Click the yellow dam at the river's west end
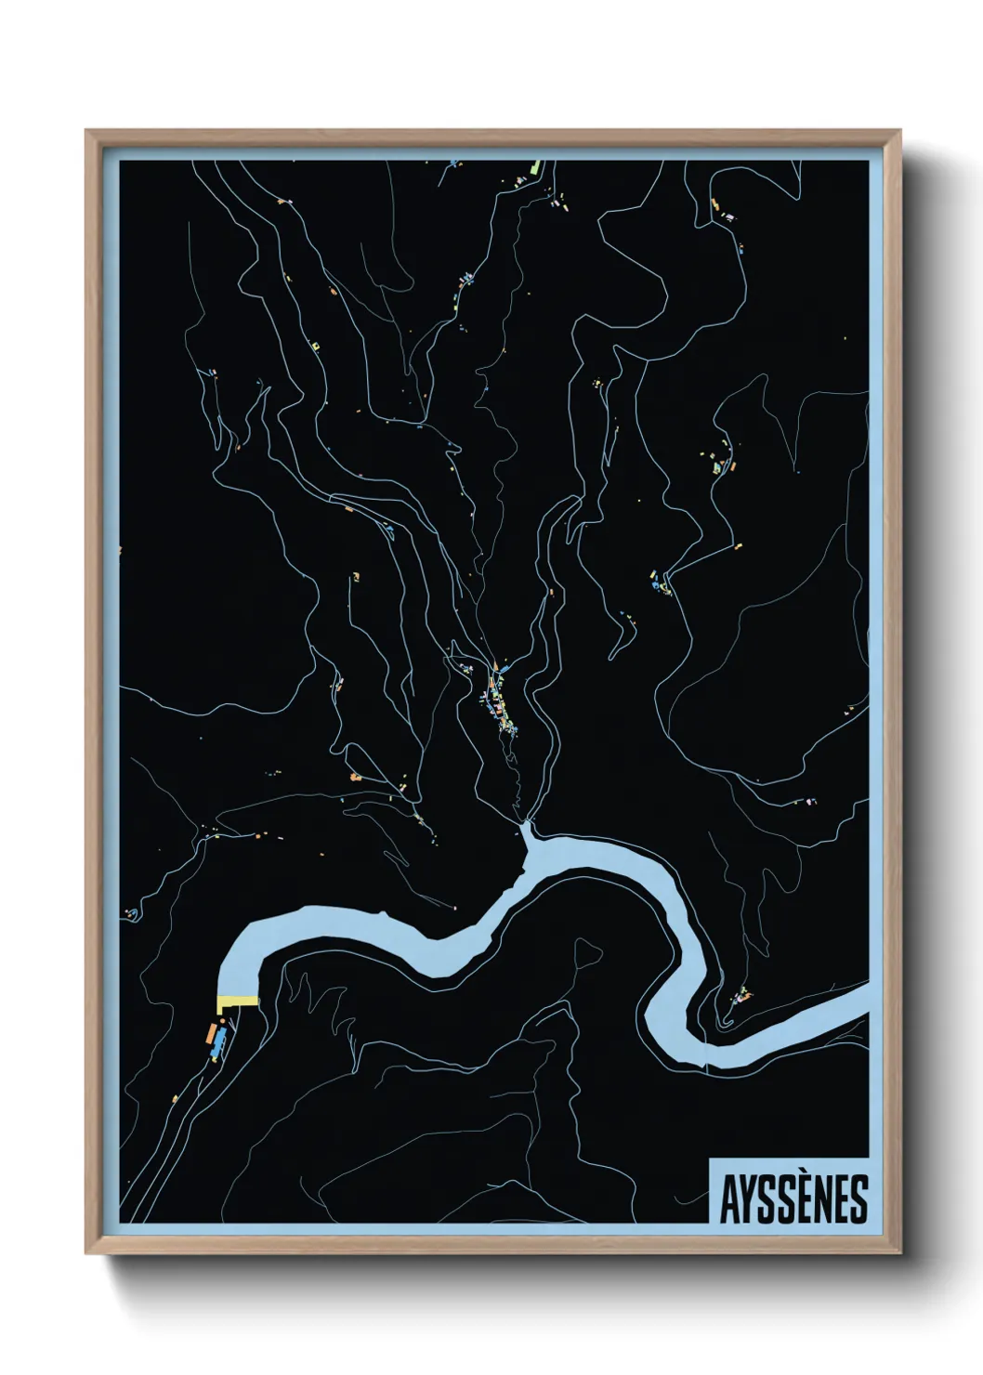[238, 1002]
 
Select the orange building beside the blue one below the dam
[210, 1032]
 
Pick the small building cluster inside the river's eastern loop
[741, 997]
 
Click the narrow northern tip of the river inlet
[524, 827]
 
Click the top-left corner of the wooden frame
[86, 131]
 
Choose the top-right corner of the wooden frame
[899, 131]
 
